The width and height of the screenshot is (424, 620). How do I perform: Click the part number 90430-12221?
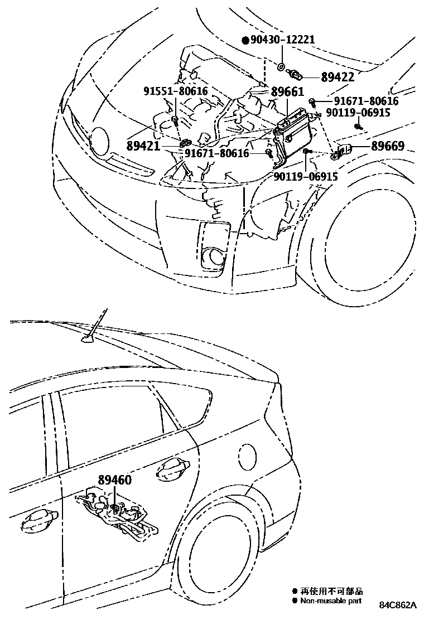[283, 40]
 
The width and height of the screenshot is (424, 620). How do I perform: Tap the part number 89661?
[288, 92]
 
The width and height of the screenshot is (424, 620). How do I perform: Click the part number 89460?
[115, 479]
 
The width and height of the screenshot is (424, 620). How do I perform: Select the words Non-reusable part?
[331, 601]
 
